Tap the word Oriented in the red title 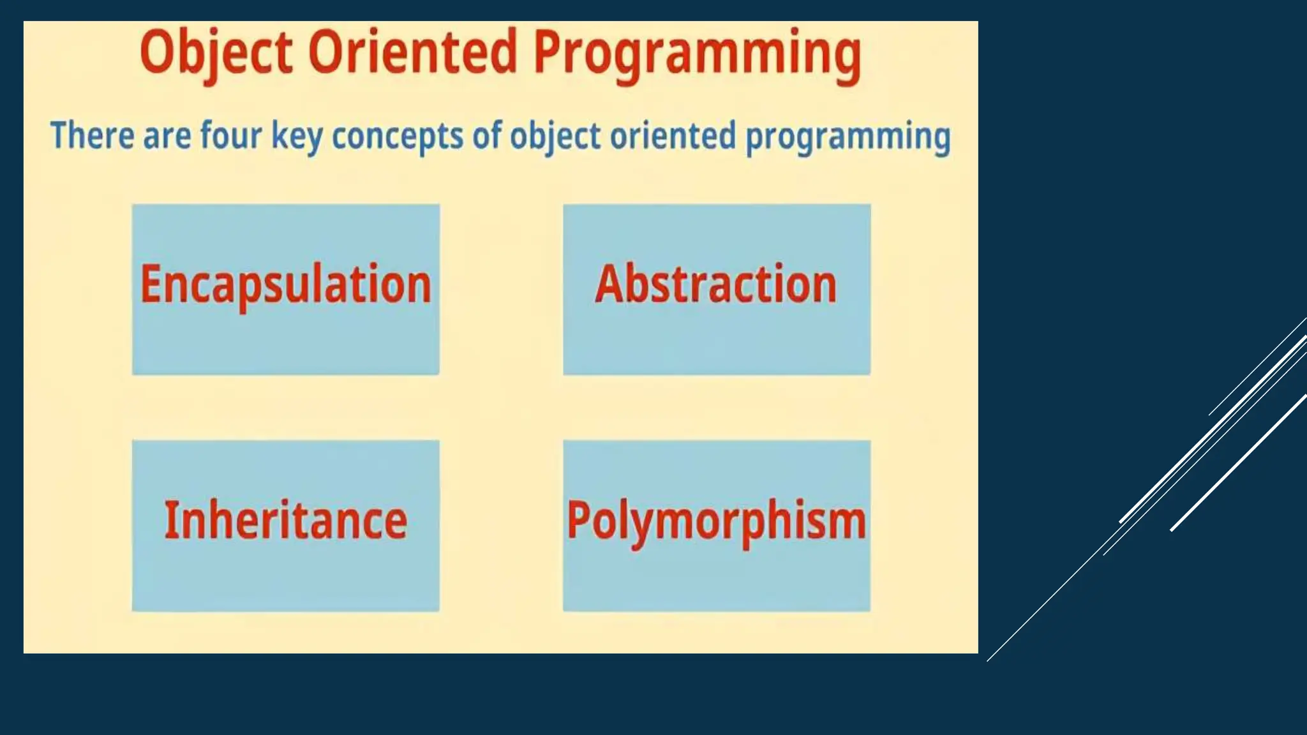[412, 52]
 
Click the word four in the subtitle [231, 135]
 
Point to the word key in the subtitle [297, 137]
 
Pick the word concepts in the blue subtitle [398, 137]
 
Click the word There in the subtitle [92, 135]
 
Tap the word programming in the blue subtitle [848, 137]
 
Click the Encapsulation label [286, 285]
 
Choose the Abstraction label [716, 285]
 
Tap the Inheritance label [286, 521]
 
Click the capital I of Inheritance [170, 519]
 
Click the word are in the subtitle [167, 137]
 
